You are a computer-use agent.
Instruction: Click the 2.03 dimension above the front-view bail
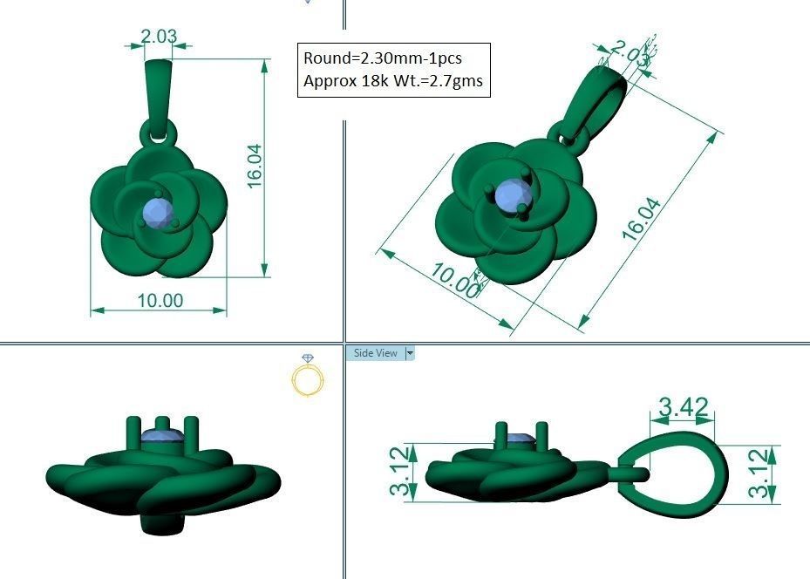160,37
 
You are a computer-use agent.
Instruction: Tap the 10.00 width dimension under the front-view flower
160,300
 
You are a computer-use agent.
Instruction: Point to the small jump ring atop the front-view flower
160,133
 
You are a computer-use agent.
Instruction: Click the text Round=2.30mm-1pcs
382,58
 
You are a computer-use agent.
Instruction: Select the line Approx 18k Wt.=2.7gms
392,81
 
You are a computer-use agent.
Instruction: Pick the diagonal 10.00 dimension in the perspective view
453,280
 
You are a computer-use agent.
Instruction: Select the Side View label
375,353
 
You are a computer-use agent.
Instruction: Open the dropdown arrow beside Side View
410,353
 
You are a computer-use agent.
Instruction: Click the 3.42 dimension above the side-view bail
683,406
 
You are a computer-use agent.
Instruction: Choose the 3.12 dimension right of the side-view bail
760,473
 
